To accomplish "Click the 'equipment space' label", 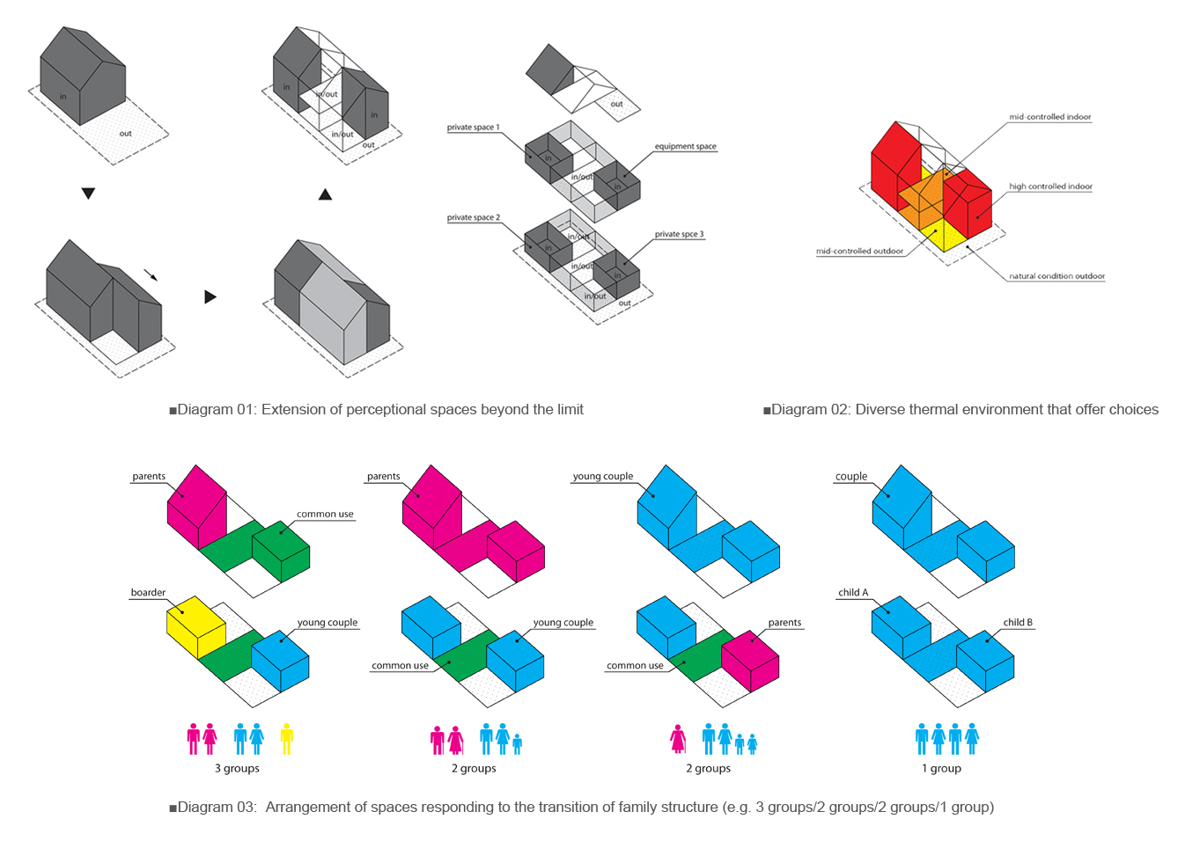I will [x=685, y=147].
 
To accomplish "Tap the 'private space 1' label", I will [x=473, y=128].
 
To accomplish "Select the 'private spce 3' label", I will [x=679, y=235].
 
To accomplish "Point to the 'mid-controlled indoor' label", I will [x=1049, y=117].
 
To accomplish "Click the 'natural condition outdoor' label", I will [x=1056, y=276].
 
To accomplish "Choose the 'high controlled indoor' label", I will [x=1050, y=186].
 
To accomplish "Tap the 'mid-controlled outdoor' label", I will [x=859, y=252].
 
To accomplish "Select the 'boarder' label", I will [x=148, y=593].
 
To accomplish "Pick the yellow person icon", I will [x=286, y=739].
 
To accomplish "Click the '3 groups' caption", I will [x=237, y=769].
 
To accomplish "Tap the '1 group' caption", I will [x=941, y=769].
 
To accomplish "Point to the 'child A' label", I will [x=853, y=593].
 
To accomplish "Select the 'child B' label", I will [x=1018, y=623].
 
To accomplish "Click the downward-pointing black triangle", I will [x=88, y=194].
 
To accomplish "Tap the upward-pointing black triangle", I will [x=325, y=194].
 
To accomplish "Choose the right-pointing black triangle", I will [x=210, y=297].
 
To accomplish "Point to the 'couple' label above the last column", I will [x=851, y=477].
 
